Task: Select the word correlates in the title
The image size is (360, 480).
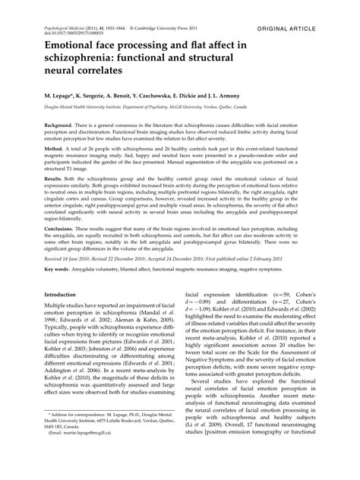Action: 105,69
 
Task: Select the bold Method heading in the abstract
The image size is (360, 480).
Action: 54,152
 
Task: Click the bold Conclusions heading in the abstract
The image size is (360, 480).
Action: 62,226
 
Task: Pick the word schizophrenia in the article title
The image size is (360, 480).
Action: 84,58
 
